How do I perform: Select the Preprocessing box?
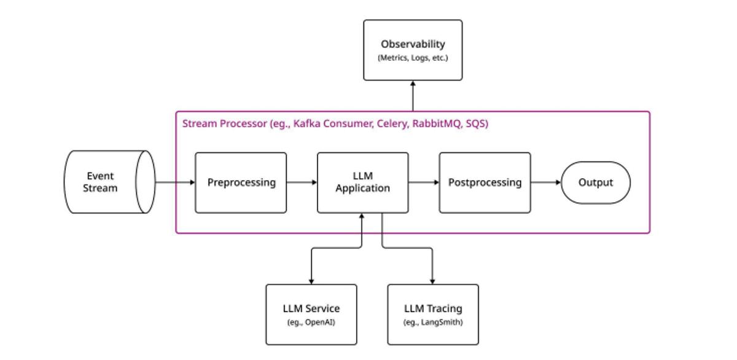(241, 182)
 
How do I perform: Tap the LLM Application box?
(362, 182)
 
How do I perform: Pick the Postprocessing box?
(485, 182)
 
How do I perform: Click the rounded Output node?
(596, 182)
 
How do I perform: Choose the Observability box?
(413, 50)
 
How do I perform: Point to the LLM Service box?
(311, 314)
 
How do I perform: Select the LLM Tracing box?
(433, 314)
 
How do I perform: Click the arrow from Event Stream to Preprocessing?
(175, 182)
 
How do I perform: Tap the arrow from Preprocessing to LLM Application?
(302, 182)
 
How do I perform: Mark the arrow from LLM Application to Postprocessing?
(424, 182)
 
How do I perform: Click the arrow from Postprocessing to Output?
(546, 182)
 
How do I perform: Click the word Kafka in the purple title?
(306, 123)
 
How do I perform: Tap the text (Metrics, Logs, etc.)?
(413, 58)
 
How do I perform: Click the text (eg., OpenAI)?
(311, 323)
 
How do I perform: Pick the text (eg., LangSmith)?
(433, 323)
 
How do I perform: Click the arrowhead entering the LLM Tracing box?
(433, 281)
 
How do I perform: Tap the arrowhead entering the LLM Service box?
(311, 281)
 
